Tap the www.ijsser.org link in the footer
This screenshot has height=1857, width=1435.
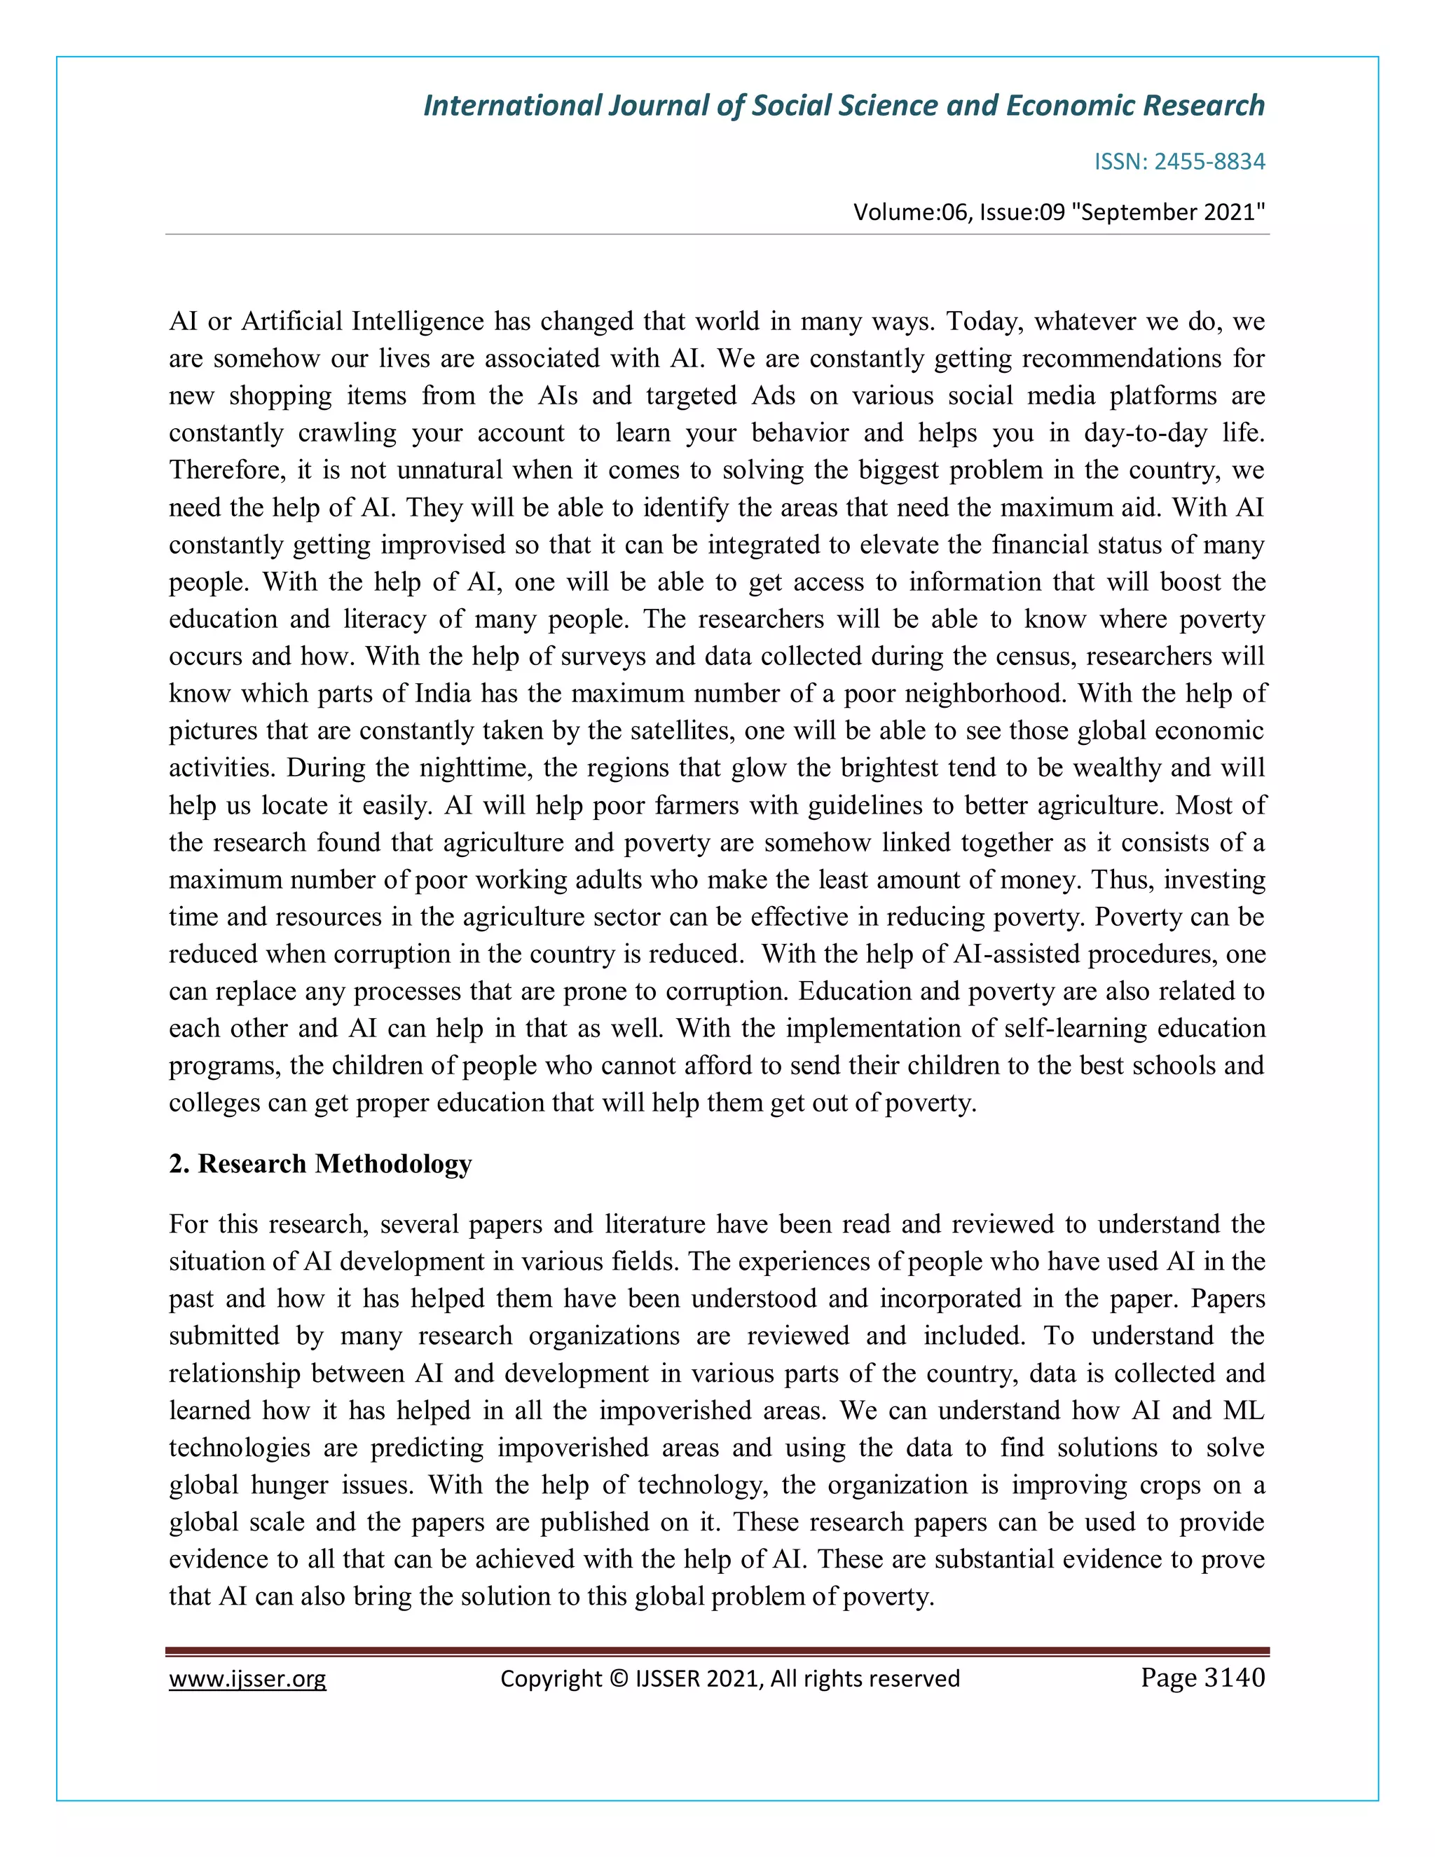click(x=247, y=1678)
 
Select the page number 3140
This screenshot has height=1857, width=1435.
click(x=1235, y=1678)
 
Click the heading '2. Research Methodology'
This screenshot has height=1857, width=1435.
click(x=320, y=1163)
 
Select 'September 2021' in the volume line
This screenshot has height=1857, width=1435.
click(x=1169, y=212)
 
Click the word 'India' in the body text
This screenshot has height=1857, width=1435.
click(x=442, y=693)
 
